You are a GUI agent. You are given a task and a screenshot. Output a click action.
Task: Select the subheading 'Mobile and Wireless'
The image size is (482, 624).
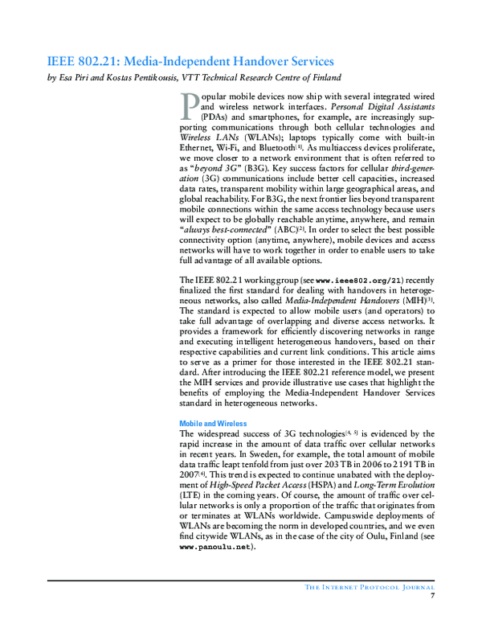[x=213, y=423]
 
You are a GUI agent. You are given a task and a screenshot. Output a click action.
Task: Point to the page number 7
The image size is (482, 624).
[x=432, y=595]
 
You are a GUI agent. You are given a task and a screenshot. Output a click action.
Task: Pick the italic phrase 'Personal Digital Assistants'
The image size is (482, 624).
[x=382, y=107]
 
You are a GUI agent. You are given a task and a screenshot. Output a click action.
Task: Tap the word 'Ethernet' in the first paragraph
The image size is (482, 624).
[x=199, y=149]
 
